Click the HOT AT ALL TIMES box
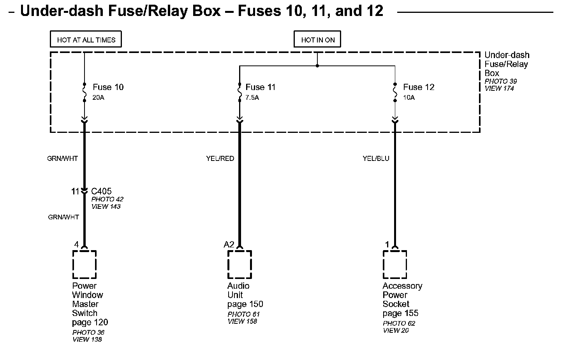[86, 40]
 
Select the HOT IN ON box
[317, 40]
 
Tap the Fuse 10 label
[108, 87]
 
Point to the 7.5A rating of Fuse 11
[252, 98]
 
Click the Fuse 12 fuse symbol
[395, 92]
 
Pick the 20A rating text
[98, 98]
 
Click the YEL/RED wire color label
[220, 159]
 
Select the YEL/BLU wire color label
[376, 159]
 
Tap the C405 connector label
[101, 191]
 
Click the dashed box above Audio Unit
[239, 265]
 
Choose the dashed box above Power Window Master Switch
[85, 265]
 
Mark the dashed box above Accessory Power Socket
[395, 265]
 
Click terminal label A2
[229, 245]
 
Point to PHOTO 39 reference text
[500, 81]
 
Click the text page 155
[400, 313]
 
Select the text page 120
[90, 323]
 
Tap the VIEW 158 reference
[242, 321]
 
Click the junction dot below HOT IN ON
[317, 66]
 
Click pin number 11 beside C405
[75, 191]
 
